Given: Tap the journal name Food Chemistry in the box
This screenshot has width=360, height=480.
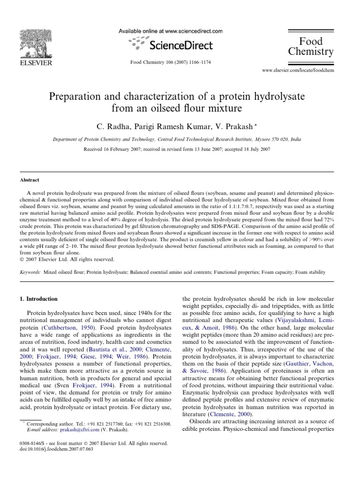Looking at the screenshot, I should [x=311, y=46].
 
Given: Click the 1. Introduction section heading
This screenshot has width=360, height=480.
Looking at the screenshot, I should [x=42, y=299].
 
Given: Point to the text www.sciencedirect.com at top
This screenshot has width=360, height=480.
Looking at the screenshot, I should [x=192, y=31].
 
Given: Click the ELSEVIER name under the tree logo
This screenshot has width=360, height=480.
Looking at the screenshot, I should [x=31, y=62].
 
